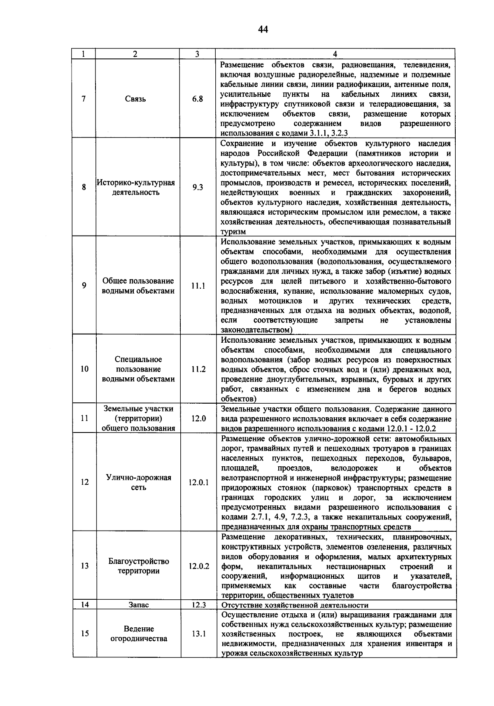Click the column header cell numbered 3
click(x=198, y=54)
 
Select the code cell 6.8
click(x=198, y=99)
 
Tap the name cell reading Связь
click(x=136, y=99)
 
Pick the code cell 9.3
click(x=198, y=187)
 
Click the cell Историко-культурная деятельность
click(x=136, y=187)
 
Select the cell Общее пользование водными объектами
click(x=138, y=286)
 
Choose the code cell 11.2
click(x=198, y=369)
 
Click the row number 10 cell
click(x=84, y=369)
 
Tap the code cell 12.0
click(x=198, y=418)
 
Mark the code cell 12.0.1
click(x=199, y=482)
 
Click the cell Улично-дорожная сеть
click(x=138, y=482)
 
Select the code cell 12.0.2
click(x=199, y=566)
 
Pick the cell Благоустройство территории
click(x=139, y=566)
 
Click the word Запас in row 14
click(x=139, y=605)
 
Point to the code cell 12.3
click(x=199, y=605)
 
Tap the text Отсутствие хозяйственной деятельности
click(x=295, y=605)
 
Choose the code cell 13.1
click(x=199, y=634)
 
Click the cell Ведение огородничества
click(x=139, y=634)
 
